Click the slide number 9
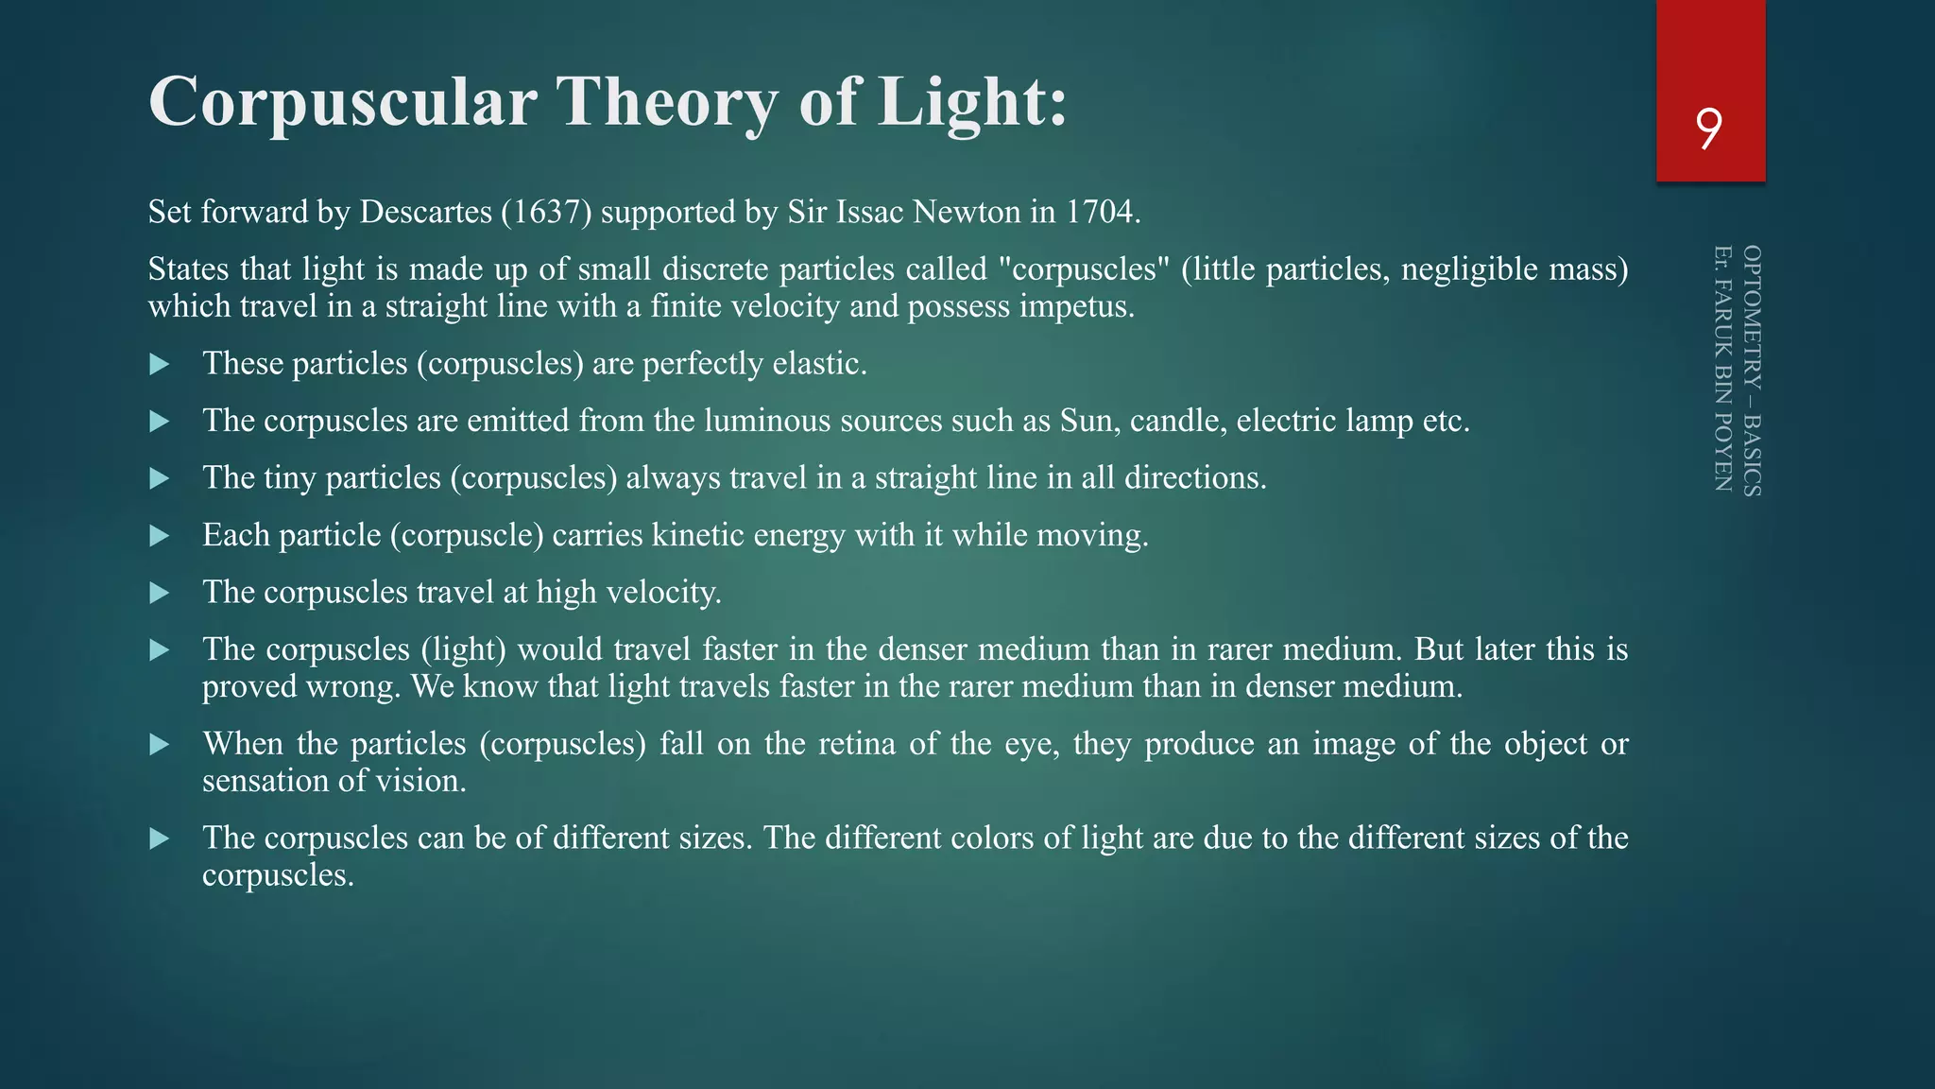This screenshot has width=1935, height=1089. pos(1709,129)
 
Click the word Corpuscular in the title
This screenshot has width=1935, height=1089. pos(343,102)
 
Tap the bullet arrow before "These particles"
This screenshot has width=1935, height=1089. pos(160,364)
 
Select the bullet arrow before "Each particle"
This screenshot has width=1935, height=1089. pos(160,536)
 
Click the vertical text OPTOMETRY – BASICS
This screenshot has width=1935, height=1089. pos(1751,371)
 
